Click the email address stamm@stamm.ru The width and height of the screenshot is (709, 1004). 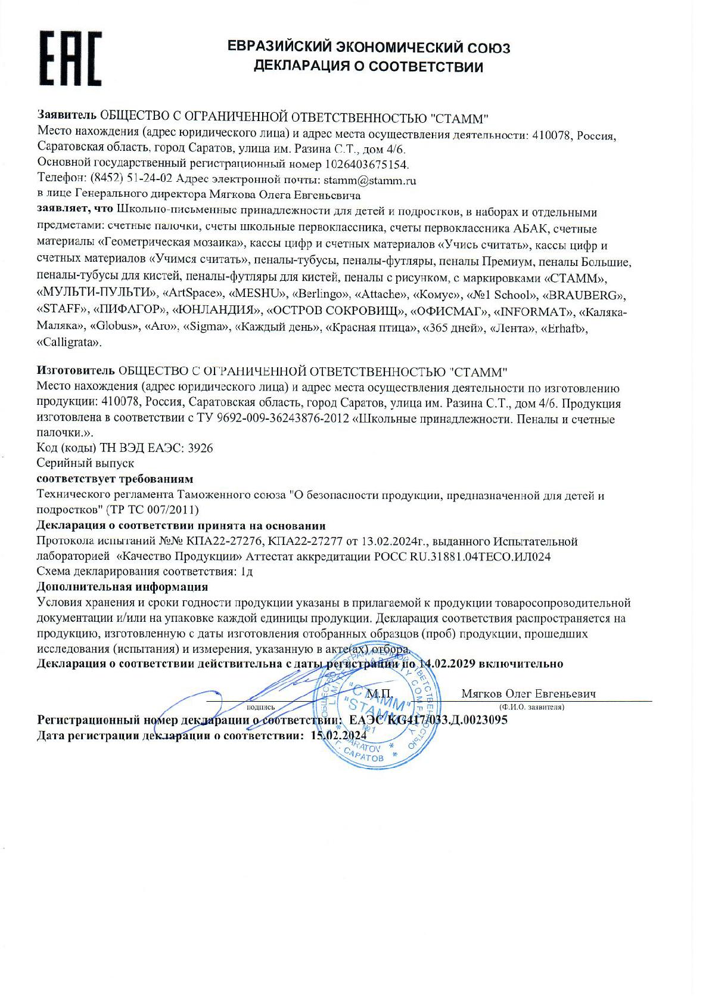[369, 179]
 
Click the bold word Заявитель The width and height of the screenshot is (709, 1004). [66, 114]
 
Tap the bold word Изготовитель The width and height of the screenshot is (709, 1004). [76, 373]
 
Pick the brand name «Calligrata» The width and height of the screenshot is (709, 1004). [69, 342]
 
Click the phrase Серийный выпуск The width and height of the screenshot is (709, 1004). [85, 463]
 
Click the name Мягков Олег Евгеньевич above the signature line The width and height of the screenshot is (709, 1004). [528, 694]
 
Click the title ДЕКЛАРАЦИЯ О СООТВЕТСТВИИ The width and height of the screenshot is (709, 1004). [368, 67]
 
